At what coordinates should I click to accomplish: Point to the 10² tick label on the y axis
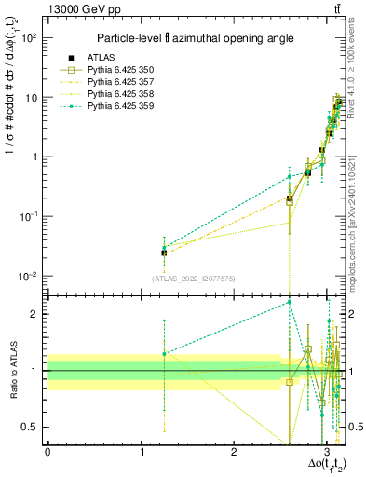(x=31, y=38)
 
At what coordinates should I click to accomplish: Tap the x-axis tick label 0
(x=47, y=454)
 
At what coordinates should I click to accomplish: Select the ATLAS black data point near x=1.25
(x=164, y=252)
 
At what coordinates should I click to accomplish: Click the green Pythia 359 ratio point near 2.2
(x=290, y=302)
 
